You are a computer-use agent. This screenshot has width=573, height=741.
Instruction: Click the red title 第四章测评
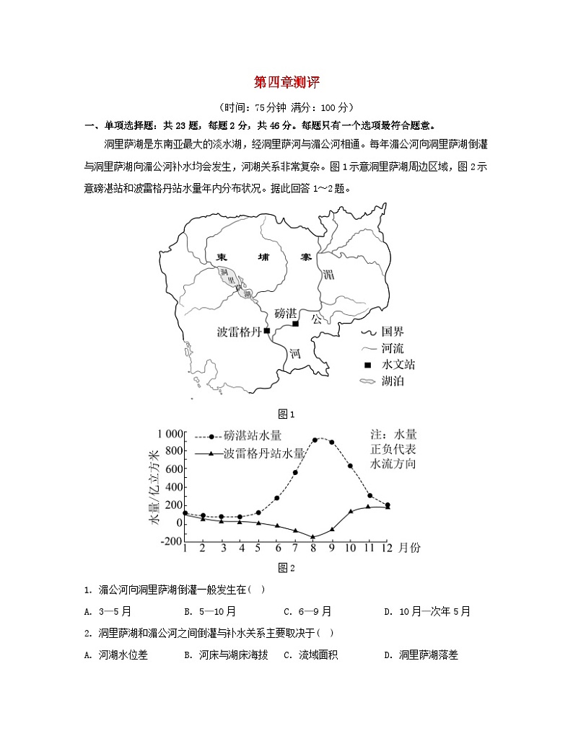coord(286,83)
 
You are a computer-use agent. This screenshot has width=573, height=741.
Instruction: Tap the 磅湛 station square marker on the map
coord(295,324)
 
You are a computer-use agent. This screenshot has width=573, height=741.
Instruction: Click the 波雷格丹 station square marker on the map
coord(267,331)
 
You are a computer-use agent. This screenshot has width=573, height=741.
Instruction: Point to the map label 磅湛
coord(286,314)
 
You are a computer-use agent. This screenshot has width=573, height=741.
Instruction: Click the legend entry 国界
coord(393,332)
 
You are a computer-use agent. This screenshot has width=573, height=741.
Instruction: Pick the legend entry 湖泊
coord(393,381)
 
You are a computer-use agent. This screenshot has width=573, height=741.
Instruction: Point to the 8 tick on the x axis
coord(314,549)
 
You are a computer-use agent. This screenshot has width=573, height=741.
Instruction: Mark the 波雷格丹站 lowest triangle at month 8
coord(314,537)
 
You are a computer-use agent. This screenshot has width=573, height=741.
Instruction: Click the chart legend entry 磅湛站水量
coord(252,436)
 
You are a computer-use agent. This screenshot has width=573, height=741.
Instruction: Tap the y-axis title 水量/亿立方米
coord(154,495)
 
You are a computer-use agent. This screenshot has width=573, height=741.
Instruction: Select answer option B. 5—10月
coord(210,611)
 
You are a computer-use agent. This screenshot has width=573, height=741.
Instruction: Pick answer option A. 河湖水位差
coord(115,655)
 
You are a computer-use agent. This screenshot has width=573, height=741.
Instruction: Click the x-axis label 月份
coord(409,549)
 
